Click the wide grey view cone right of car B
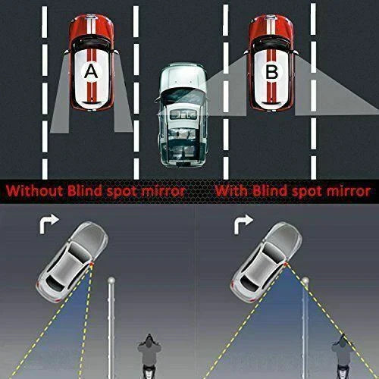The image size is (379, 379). coord(334,91)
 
